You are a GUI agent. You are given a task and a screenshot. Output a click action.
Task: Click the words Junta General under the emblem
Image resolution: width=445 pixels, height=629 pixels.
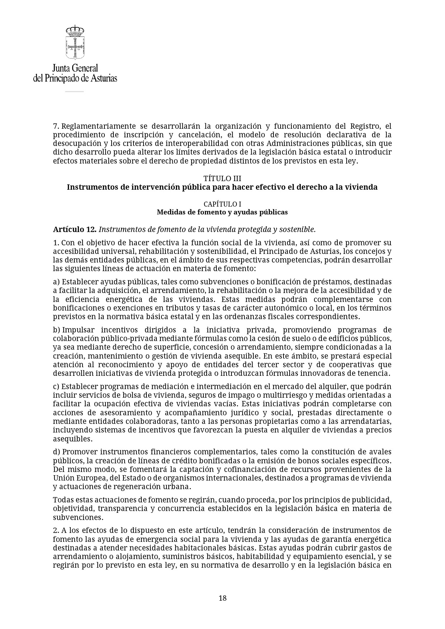pyautogui.click(x=75, y=68)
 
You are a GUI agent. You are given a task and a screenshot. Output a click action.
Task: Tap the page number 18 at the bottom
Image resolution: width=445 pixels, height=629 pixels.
pyautogui.click(x=222, y=598)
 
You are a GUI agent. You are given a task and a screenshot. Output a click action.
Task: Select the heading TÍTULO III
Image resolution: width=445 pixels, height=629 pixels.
pyautogui.click(x=222, y=179)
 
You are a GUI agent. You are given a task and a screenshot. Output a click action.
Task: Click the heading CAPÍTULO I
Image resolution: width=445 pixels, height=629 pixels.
pyautogui.click(x=222, y=204)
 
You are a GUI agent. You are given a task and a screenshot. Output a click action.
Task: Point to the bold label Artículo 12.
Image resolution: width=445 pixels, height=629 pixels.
pyautogui.click(x=75, y=229)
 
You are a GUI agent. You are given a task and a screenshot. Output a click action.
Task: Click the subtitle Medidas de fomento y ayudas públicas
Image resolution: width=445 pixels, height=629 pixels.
pyautogui.click(x=222, y=212)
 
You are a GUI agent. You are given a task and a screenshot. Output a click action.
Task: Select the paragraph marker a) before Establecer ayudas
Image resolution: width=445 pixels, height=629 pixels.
pyautogui.click(x=56, y=282)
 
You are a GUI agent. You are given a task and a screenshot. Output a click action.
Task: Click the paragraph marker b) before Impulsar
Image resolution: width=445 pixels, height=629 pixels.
pyautogui.click(x=56, y=330)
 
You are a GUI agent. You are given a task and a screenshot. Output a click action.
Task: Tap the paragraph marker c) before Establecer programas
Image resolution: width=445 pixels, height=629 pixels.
pyautogui.click(x=56, y=387)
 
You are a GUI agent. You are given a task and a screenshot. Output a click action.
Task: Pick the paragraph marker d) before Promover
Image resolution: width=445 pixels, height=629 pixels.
pyautogui.click(x=56, y=452)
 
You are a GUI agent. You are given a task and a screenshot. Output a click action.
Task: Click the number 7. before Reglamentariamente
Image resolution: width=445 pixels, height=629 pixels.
pyautogui.click(x=56, y=126)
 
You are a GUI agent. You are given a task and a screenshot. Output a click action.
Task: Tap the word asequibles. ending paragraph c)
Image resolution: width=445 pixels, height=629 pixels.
pyautogui.click(x=72, y=439)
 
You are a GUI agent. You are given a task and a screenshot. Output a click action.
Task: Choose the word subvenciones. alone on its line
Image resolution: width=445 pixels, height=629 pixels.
pyautogui.click(x=78, y=517)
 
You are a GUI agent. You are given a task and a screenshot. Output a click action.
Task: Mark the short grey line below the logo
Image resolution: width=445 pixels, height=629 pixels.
pyautogui.click(x=74, y=92)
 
